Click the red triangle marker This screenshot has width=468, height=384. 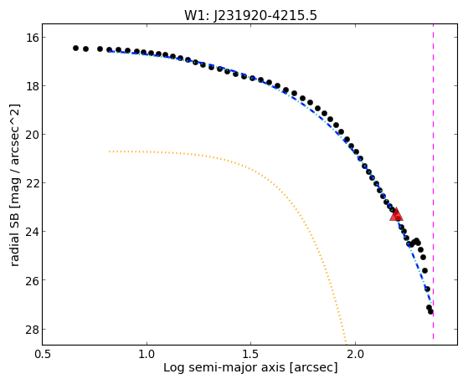(x=396, y=214)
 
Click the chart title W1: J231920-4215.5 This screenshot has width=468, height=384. (x=250, y=15)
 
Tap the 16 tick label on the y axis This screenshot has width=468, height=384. (x=29, y=38)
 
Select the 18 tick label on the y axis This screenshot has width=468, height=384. (x=29, y=86)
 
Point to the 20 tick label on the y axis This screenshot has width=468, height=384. (x=29, y=135)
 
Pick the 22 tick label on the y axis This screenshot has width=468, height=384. (x=29, y=183)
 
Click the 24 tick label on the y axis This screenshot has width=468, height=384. (x=29, y=232)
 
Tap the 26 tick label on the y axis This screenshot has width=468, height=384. (x=29, y=280)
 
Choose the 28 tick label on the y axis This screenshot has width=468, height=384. (x=29, y=330)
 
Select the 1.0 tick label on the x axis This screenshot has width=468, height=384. (x=147, y=355)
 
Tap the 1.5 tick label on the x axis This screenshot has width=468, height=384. (x=251, y=355)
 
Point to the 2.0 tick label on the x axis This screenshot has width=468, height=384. (x=355, y=355)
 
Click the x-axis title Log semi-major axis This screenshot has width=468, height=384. (x=224, y=367)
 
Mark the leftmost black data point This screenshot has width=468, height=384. (x=76, y=48)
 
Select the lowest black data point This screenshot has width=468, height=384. (x=430, y=311)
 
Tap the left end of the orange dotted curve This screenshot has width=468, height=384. (x=110, y=151)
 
